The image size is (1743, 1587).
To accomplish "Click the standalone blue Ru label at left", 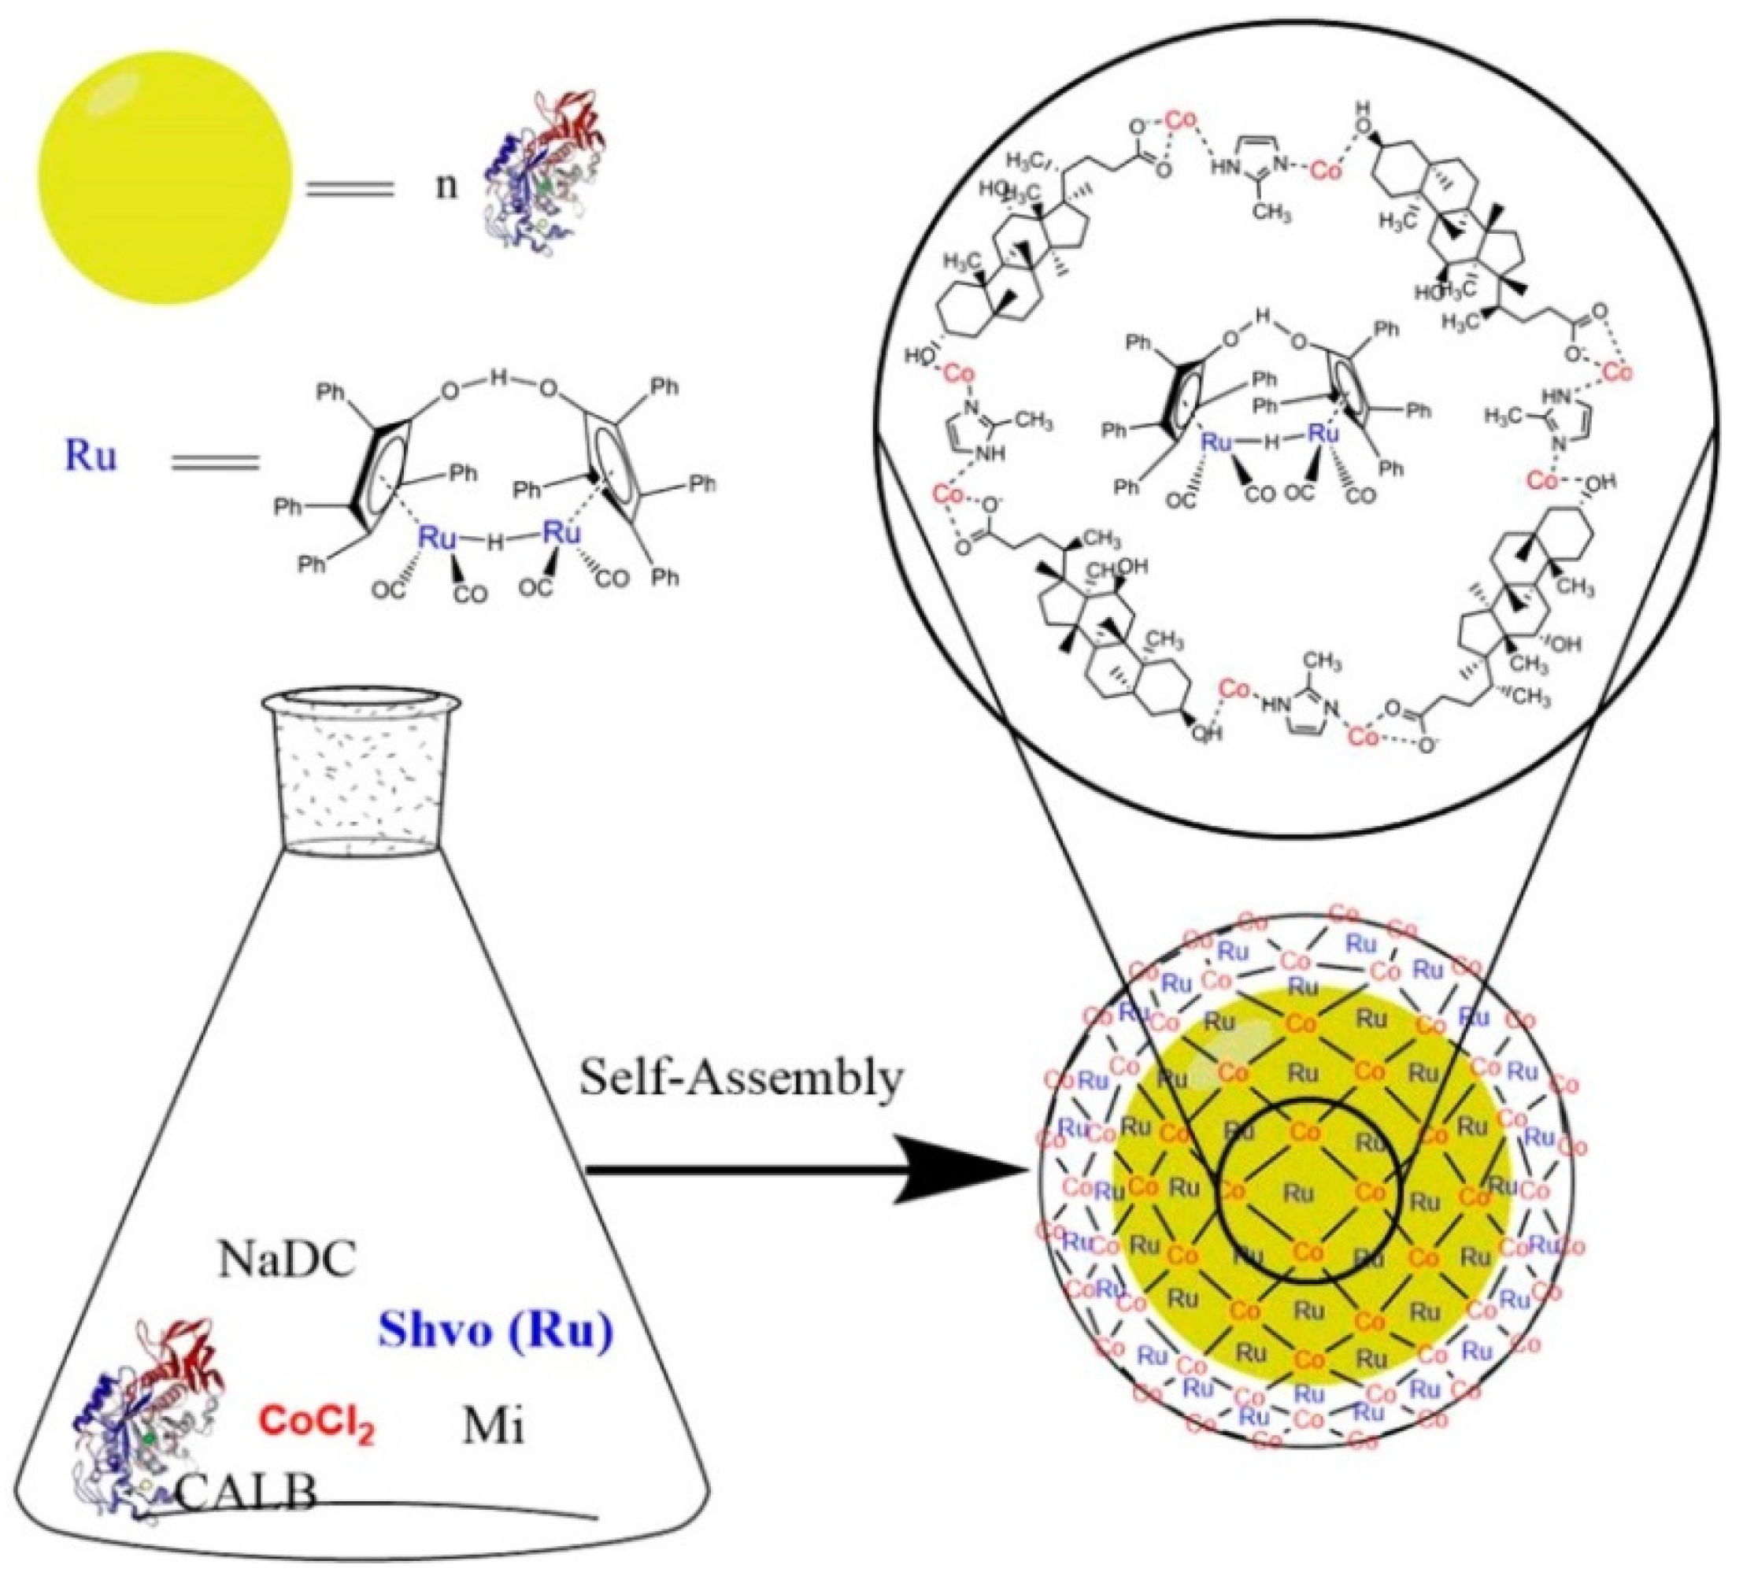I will [90, 457].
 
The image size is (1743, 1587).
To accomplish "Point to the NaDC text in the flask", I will [287, 1260].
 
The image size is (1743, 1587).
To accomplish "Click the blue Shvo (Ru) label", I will [495, 1331].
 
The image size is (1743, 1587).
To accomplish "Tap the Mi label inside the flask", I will [493, 1427].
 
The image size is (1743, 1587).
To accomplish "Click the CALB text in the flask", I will [246, 1493].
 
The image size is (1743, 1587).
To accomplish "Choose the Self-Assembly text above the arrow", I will [741, 1078].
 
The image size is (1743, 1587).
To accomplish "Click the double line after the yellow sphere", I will [350, 188].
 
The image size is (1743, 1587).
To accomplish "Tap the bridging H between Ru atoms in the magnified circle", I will [1268, 442].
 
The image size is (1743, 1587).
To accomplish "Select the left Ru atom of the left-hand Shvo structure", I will [437, 537].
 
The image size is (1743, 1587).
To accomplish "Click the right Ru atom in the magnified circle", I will [1323, 435].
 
